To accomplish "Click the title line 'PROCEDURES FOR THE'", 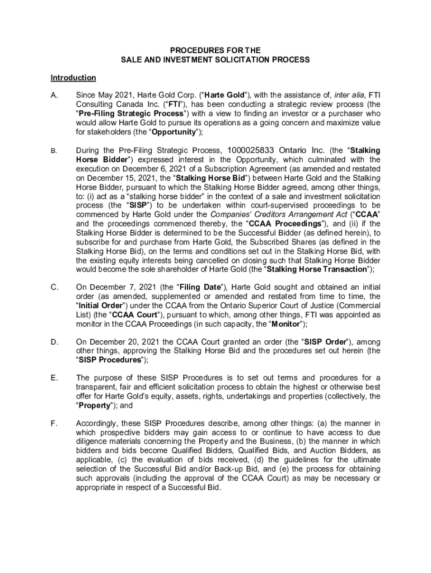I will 215,50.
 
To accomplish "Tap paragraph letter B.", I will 54,151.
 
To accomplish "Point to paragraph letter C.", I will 55,287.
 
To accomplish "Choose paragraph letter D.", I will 55,341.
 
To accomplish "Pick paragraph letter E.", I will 54,378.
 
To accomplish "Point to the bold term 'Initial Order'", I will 104,306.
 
